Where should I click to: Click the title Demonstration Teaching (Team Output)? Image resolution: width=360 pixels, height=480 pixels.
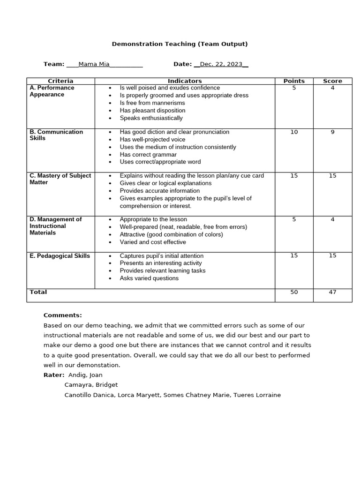(180, 44)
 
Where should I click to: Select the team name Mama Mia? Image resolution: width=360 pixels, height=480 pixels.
(94, 64)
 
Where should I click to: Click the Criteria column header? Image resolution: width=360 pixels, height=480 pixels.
(60, 81)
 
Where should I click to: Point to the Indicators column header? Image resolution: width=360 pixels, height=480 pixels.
(185, 81)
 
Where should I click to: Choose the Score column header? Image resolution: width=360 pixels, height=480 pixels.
(332, 81)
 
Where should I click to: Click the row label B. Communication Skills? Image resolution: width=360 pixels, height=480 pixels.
(56, 135)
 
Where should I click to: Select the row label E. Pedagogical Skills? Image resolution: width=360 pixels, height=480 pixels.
(60, 256)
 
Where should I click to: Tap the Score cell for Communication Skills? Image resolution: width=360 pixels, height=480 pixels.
(332, 132)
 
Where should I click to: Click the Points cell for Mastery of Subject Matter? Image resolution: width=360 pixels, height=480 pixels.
(294, 176)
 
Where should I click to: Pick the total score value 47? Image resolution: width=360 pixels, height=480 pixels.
(332, 292)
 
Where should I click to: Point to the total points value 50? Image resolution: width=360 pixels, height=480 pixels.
(294, 292)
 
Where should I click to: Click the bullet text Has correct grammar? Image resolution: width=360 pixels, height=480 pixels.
(148, 155)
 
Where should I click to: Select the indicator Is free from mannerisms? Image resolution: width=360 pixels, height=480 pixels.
(152, 103)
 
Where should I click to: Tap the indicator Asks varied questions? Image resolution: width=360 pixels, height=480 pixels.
(149, 278)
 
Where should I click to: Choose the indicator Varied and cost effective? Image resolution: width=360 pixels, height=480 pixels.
(153, 242)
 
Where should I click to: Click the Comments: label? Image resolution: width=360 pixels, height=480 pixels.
(62, 315)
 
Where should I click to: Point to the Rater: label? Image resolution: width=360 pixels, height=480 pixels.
(54, 375)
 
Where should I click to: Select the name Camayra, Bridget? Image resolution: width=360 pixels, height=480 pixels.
(91, 385)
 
